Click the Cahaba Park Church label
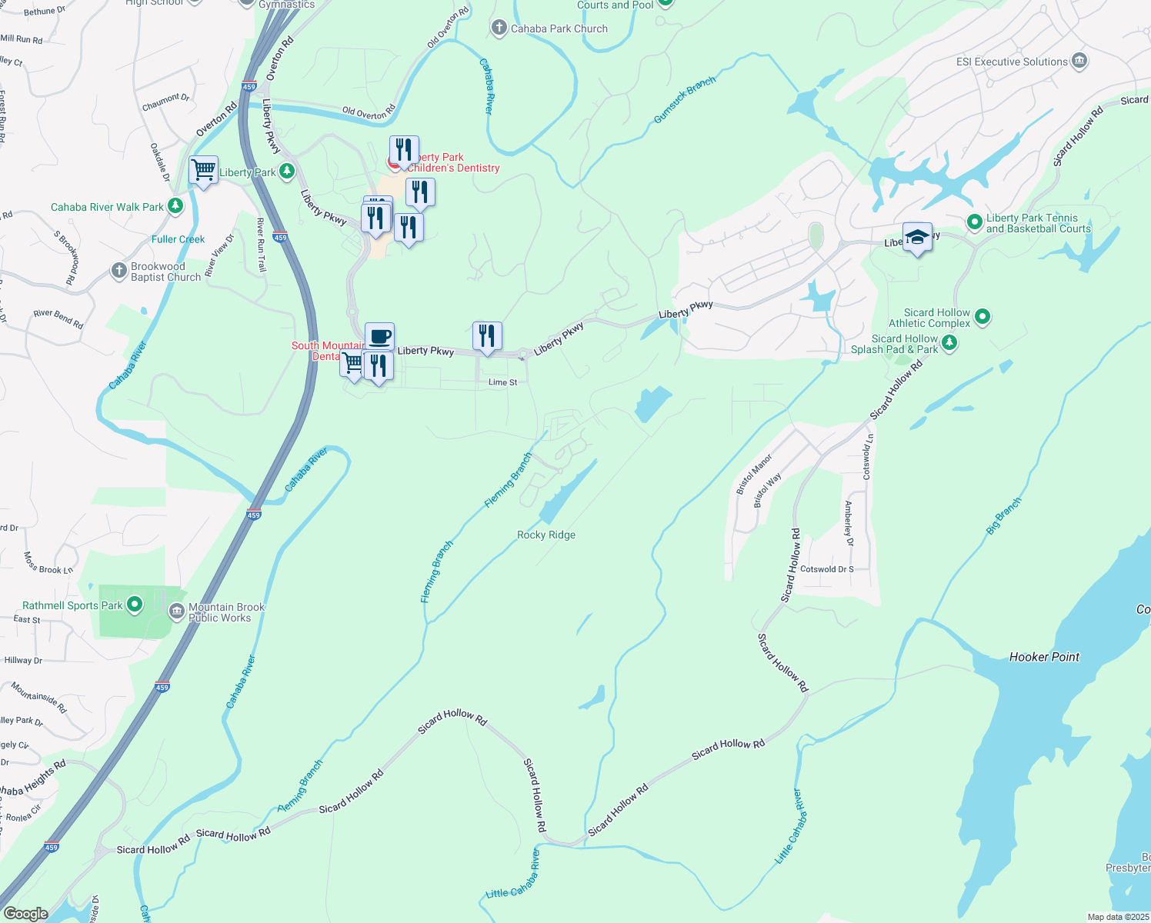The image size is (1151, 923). (x=559, y=28)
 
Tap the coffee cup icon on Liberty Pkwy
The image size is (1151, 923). (x=379, y=337)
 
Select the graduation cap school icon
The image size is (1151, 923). (x=917, y=237)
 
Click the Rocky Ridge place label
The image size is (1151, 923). (x=546, y=535)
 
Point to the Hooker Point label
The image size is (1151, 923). (x=1044, y=657)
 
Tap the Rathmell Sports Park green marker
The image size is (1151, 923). (x=135, y=605)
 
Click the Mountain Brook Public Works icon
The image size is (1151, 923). (x=177, y=611)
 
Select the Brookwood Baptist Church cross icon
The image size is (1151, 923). (x=118, y=270)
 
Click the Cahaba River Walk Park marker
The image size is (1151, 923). (x=175, y=206)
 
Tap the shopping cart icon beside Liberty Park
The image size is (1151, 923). (x=203, y=169)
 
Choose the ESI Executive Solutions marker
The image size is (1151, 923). (x=1079, y=61)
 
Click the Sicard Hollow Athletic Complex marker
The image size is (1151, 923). (x=982, y=316)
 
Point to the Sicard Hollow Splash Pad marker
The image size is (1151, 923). (x=949, y=343)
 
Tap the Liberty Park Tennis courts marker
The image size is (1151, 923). (x=975, y=222)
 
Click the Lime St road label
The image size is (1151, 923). (x=503, y=382)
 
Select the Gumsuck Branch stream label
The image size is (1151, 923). (x=685, y=100)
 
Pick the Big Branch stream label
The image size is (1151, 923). (x=1004, y=516)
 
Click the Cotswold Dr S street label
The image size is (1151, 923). (x=827, y=569)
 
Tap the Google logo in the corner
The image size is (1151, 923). (x=25, y=914)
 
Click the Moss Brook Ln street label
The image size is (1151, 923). (x=48, y=563)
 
